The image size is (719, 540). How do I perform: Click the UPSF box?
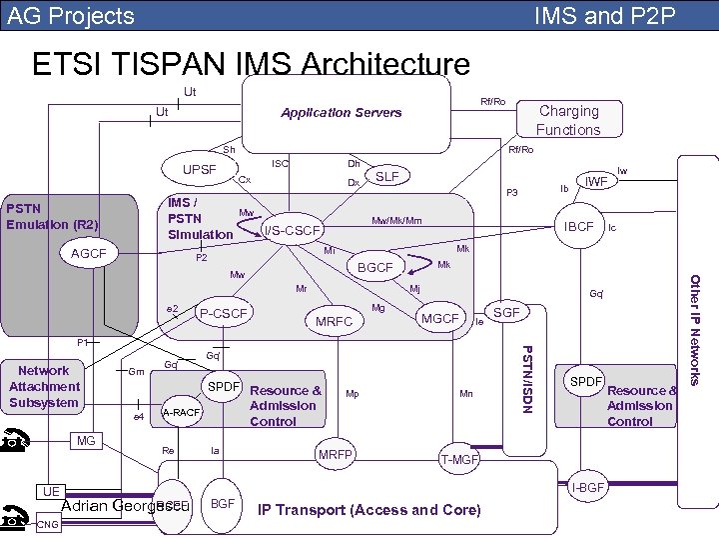[200, 169]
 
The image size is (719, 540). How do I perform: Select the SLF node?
[387, 177]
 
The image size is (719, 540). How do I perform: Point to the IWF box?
[597, 182]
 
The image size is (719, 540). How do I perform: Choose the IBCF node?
[578, 227]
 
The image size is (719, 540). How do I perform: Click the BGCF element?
[375, 267]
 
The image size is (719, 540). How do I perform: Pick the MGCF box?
[439, 319]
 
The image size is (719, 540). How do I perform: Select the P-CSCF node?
[224, 314]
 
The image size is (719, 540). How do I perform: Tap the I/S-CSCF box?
[292, 231]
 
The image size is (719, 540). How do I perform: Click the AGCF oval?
[89, 254]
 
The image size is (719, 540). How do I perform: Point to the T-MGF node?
[459, 459]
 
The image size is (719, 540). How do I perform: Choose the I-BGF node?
[589, 487]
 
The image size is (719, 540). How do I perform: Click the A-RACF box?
[182, 412]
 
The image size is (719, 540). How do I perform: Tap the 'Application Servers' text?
[341, 112]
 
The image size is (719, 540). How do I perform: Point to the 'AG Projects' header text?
[71, 16]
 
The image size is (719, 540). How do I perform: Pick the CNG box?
[46, 524]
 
